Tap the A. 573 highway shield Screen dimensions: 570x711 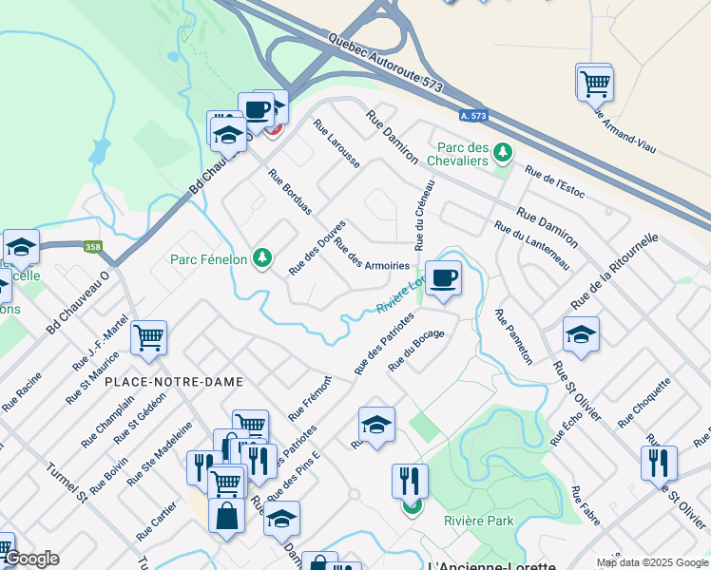point(472,116)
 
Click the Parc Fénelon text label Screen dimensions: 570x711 point(208,258)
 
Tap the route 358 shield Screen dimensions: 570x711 point(92,247)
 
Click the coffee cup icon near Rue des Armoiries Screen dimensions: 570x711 point(443,278)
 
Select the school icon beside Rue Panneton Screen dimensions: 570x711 point(581,334)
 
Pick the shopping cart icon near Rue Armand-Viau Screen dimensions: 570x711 point(594,82)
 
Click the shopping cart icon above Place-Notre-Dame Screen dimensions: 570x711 point(149,337)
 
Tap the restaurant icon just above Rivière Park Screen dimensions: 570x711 point(410,481)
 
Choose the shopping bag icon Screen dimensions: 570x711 point(226,517)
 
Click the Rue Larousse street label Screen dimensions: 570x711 point(336,144)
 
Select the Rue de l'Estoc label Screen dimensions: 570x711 point(554,184)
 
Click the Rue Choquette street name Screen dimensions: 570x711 point(644,402)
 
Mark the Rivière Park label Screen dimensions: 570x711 point(478,521)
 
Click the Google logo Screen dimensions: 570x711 point(31,559)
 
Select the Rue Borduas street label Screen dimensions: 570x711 point(290,193)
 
